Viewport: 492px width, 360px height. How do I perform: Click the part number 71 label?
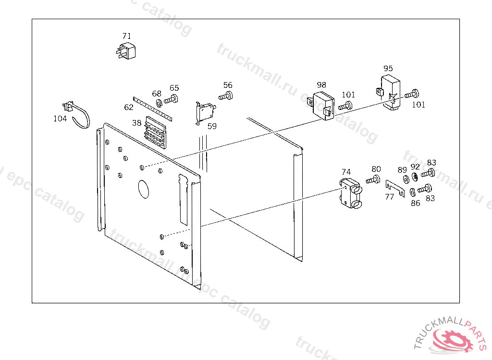(126, 36)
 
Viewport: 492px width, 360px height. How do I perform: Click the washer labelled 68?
(160, 102)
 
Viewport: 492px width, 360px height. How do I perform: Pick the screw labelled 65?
(171, 100)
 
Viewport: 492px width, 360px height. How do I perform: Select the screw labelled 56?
(226, 96)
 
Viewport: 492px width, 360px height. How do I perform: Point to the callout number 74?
(346, 172)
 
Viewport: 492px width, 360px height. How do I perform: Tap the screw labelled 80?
(373, 180)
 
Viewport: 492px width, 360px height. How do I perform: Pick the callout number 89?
(402, 170)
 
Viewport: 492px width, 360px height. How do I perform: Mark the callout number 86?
(416, 203)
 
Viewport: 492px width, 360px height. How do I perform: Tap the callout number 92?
(415, 167)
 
